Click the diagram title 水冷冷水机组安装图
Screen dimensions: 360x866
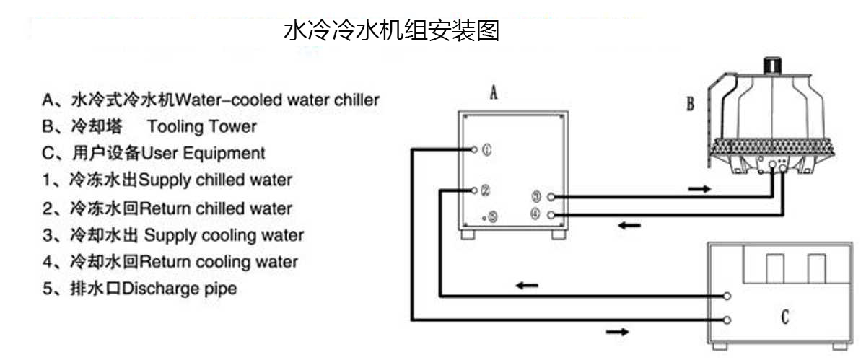[392, 31]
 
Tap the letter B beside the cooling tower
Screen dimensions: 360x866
[690, 105]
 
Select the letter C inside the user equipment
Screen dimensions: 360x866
[784, 317]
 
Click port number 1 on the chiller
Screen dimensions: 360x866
[486, 150]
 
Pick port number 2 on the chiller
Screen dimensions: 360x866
[485, 191]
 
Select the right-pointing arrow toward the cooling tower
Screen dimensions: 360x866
[698, 189]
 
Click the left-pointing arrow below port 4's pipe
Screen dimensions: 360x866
[629, 226]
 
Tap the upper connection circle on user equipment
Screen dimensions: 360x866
[728, 296]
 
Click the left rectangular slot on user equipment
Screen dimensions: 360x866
[774, 268]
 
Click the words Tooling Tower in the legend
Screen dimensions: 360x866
[201, 126]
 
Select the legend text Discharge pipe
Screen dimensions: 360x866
[180, 289]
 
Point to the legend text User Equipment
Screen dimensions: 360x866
[203, 153]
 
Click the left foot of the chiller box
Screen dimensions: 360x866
[470, 235]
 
